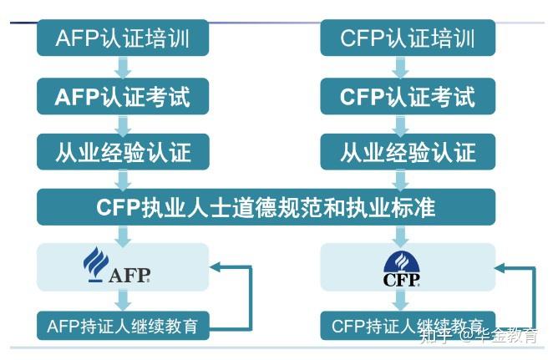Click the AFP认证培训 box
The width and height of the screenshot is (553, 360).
pos(123,38)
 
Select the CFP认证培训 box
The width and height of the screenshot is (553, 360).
pos(408,38)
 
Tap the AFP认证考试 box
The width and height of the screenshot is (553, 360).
pos(123,97)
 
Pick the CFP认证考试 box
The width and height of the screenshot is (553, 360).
pos(408,97)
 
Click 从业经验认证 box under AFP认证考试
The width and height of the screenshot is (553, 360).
pos(123,152)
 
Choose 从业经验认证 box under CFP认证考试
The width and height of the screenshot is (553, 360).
pos(408,152)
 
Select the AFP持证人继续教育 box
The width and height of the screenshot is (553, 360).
pos(123,325)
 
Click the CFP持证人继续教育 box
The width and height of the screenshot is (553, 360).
pos(408,325)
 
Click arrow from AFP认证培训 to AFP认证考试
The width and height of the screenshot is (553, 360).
pos(123,68)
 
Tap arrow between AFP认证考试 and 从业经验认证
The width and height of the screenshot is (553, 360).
pos(123,125)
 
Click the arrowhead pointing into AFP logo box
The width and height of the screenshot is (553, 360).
pos(216,267)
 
